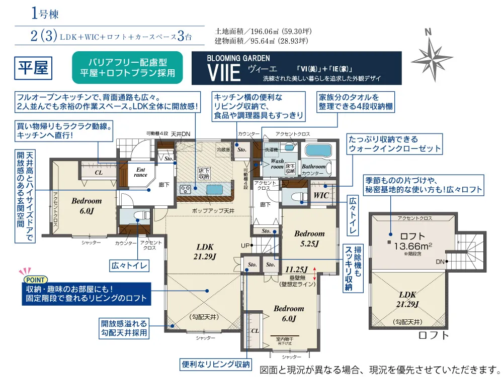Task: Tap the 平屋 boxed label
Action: (x=33, y=68)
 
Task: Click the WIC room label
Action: (x=321, y=195)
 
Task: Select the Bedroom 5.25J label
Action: (x=309, y=238)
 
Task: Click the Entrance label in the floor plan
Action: (x=141, y=173)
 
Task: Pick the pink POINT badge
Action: (x=35, y=280)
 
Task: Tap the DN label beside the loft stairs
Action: (x=440, y=262)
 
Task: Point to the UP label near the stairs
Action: (x=245, y=245)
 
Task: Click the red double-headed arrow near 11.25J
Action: (x=315, y=273)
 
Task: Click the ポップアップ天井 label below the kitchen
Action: (x=213, y=211)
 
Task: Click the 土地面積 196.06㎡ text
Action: (x=262, y=30)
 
